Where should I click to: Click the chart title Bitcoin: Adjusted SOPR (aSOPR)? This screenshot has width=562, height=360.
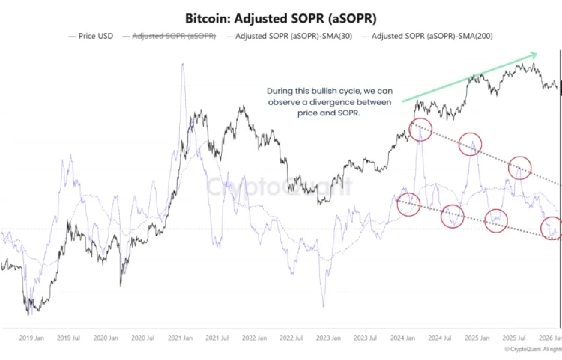pos(280,16)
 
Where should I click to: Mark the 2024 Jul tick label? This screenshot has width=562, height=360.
pos(439,338)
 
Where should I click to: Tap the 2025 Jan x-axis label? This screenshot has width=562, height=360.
pos(477,338)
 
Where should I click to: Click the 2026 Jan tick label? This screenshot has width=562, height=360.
pos(551,338)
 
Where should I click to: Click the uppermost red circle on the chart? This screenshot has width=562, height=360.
pos(420,129)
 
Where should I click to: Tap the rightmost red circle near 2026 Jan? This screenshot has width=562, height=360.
pos(552,227)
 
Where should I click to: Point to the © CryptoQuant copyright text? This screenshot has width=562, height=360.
pos(534,349)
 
